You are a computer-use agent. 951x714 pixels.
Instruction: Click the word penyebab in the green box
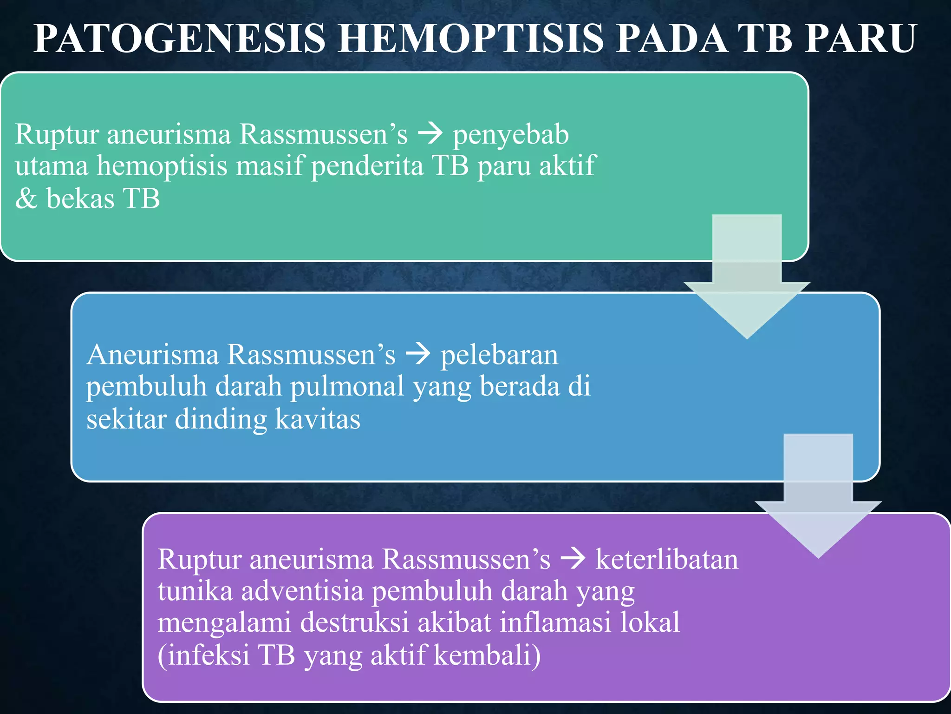coord(511,135)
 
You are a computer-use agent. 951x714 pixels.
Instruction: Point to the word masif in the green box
coord(269,166)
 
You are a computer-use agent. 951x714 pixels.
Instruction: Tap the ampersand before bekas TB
coord(26,198)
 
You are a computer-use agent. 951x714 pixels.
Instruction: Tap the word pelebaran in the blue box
coord(499,355)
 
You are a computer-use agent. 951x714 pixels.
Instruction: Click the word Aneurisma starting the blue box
coord(153,355)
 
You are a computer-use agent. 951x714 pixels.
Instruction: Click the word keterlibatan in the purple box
coord(667,560)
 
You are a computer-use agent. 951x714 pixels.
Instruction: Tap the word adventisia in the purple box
coord(302,591)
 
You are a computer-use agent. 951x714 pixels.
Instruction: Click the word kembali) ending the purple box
coord(488,655)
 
